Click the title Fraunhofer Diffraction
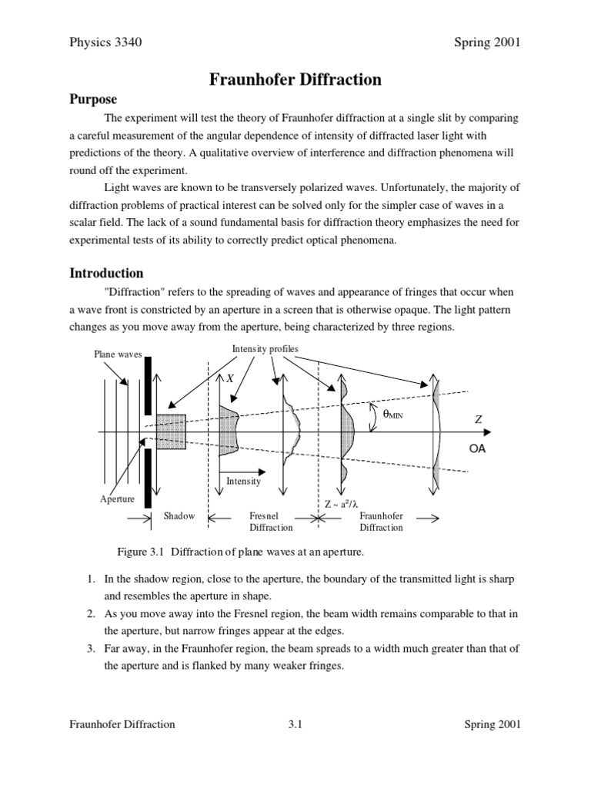(x=295, y=79)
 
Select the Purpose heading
(x=94, y=99)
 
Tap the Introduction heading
(x=106, y=273)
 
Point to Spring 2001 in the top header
(x=487, y=42)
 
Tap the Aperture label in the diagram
(x=118, y=499)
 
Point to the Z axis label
(x=478, y=419)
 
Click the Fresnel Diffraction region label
(x=271, y=522)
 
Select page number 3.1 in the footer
(x=296, y=724)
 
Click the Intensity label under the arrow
(x=243, y=481)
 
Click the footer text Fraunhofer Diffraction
(x=122, y=724)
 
